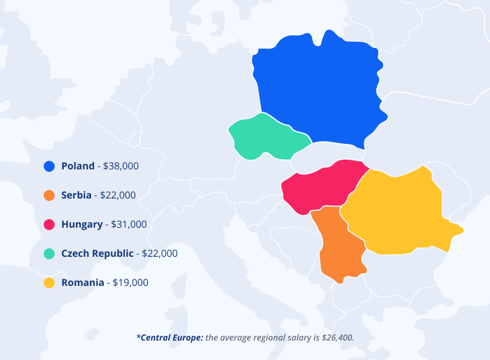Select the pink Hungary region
tap(322, 185)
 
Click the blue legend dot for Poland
tap(49, 166)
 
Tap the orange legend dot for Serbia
tap(49, 195)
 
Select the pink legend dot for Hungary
tap(49, 225)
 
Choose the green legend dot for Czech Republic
tap(49, 254)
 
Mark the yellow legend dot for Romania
tap(49, 283)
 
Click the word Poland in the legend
tap(78, 166)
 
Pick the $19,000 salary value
tap(130, 283)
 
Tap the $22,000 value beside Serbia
tap(118, 195)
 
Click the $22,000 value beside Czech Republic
tap(160, 254)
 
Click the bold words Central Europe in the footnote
tap(172, 337)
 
